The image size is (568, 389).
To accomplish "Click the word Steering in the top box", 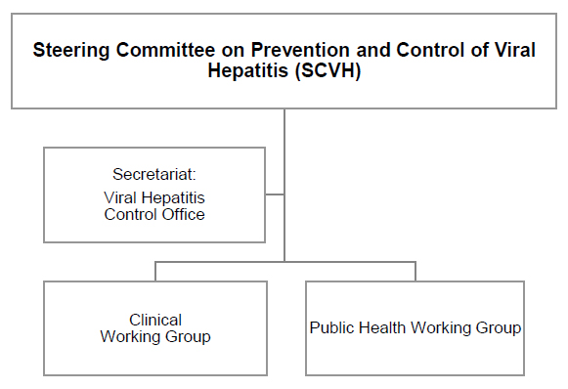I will pyautogui.click(x=68, y=52).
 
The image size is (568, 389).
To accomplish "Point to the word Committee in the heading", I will pyautogui.click(x=152, y=52).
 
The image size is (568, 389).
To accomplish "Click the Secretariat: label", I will pyautogui.click(x=154, y=175).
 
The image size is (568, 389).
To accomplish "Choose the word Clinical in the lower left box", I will pyautogui.click(x=155, y=321).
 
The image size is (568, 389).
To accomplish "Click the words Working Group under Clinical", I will pyautogui.click(x=155, y=337).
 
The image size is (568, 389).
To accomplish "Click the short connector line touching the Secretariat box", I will pyautogui.click(x=275, y=194).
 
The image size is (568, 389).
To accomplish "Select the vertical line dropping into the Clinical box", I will pyautogui.click(x=155, y=271).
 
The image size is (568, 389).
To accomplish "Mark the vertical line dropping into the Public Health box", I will pyautogui.click(x=415, y=271).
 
